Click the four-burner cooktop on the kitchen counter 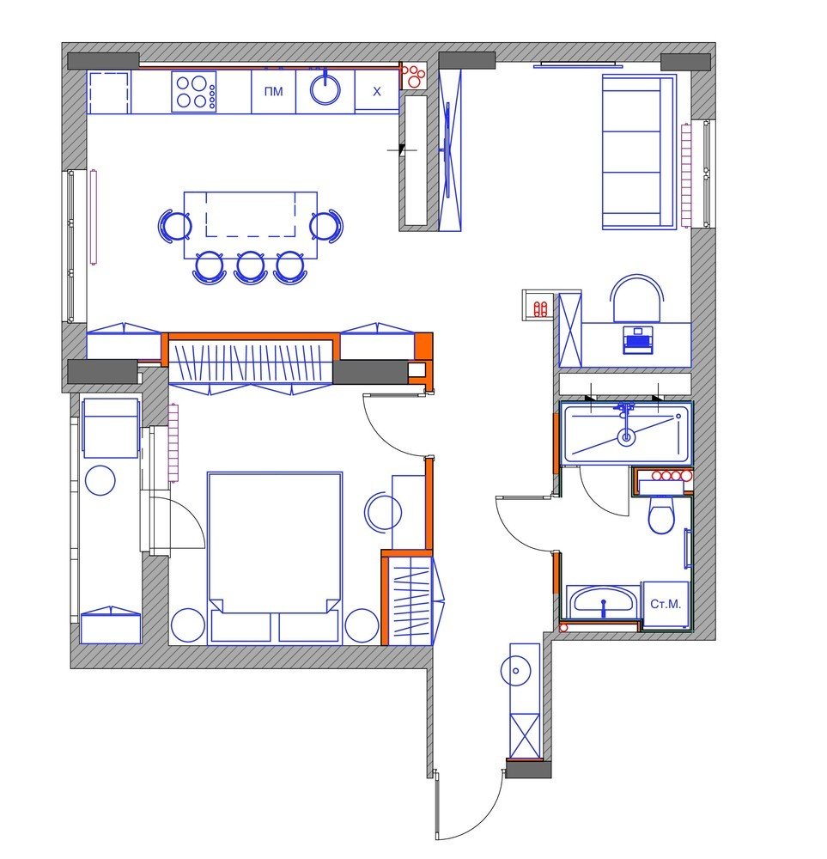(x=193, y=92)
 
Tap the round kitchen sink (x=325, y=89)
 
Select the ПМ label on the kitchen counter (x=274, y=92)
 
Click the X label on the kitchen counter (x=377, y=92)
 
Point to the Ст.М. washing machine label (x=666, y=604)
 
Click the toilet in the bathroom (x=661, y=514)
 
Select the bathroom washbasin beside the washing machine (x=603, y=602)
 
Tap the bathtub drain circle (x=626, y=436)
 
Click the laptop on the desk (x=636, y=339)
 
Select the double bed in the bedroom (x=275, y=556)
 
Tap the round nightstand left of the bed (x=188, y=625)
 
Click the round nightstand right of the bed (x=362, y=625)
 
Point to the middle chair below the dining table (x=251, y=267)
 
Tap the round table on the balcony (x=100, y=480)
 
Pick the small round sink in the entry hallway (x=515, y=671)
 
